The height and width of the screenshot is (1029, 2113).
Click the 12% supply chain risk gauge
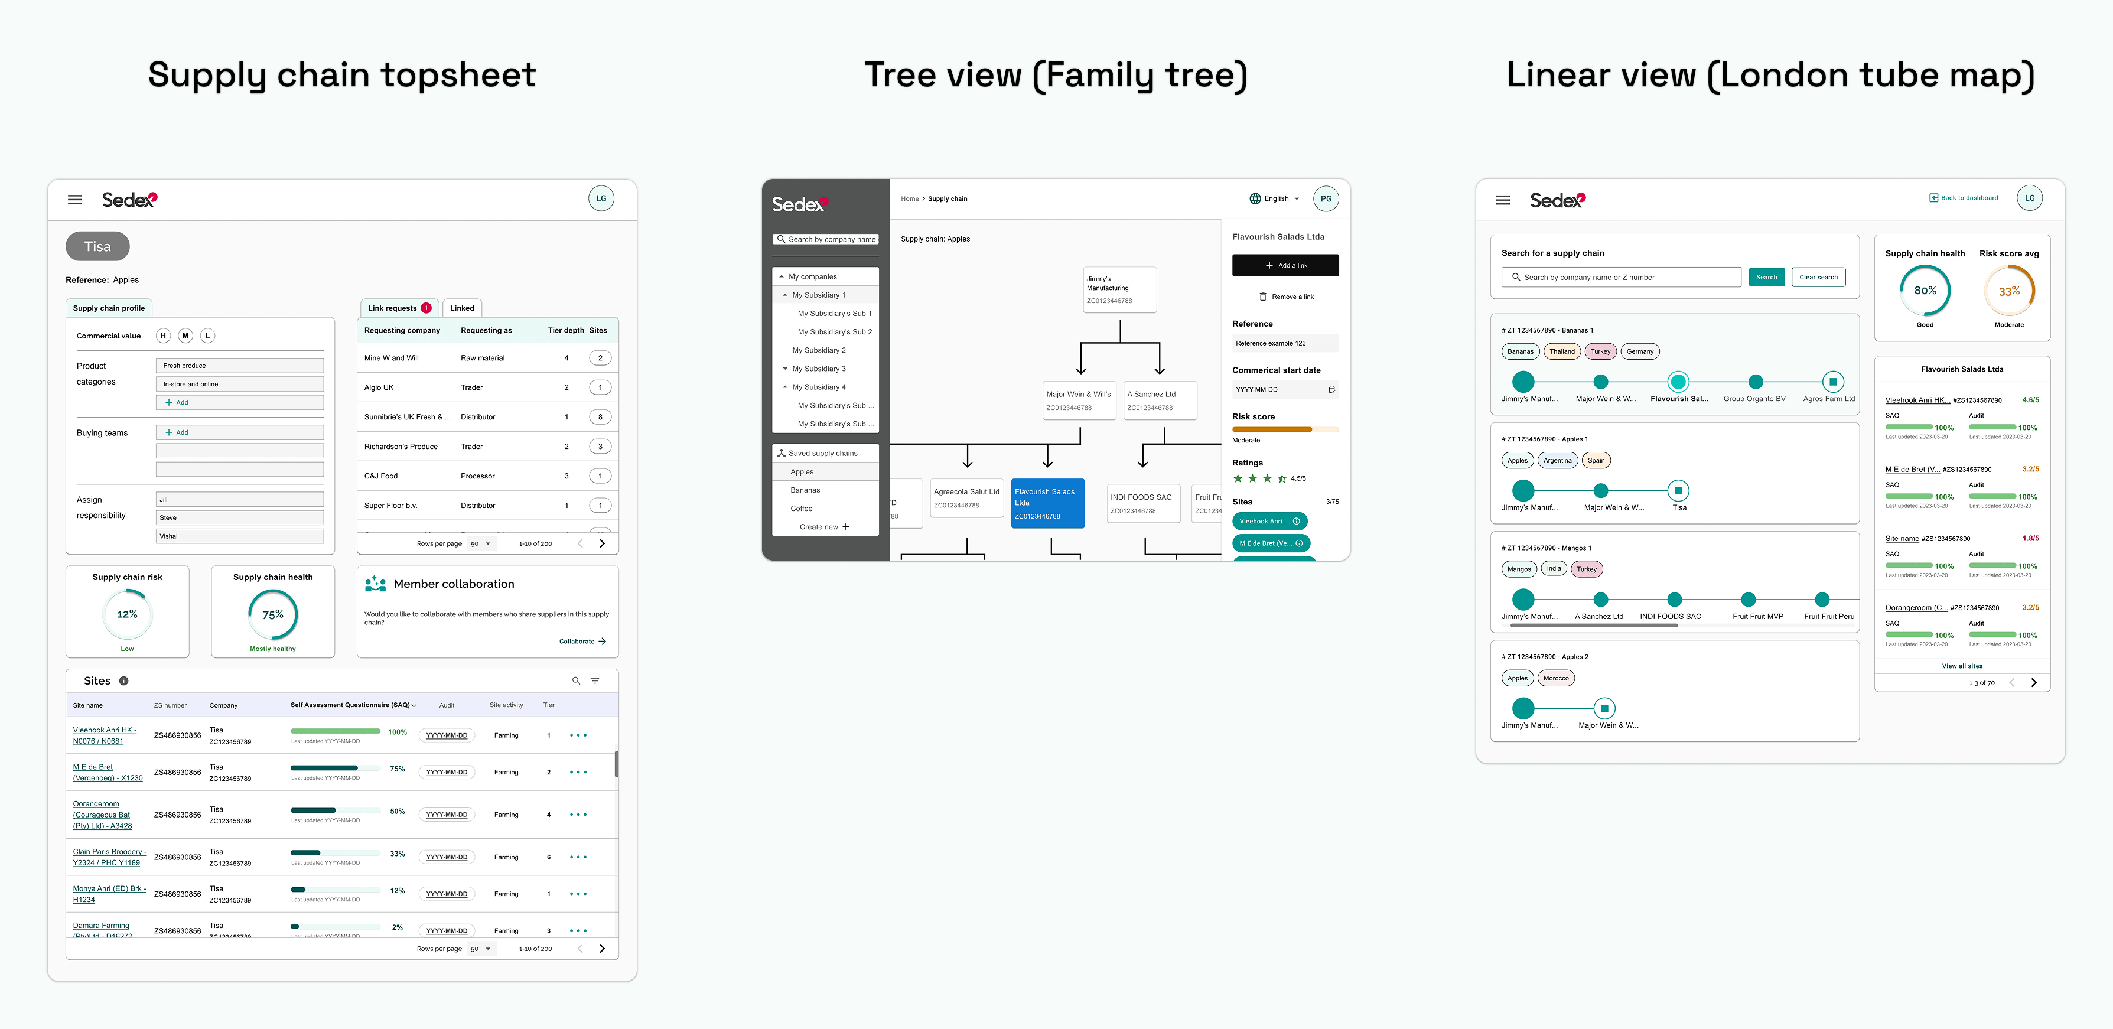coord(127,615)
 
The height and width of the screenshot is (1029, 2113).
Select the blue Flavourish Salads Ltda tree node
coord(1047,503)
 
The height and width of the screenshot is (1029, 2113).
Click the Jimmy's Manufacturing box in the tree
coord(1119,289)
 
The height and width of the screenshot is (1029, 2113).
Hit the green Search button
coord(1766,277)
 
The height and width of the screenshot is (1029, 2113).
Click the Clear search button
coord(1818,277)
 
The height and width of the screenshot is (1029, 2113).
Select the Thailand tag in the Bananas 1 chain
coord(1562,351)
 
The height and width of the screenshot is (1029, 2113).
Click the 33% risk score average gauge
coord(2009,292)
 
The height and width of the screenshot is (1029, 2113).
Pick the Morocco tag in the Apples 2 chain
coord(1555,678)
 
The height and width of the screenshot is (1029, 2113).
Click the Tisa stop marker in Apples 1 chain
coord(1678,490)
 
